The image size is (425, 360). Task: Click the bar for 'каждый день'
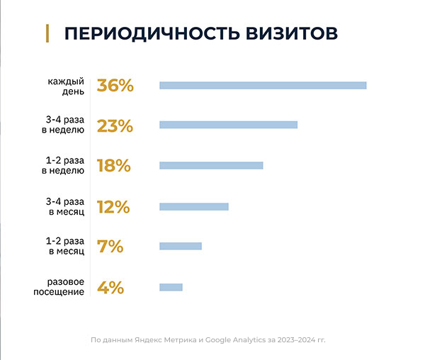click(263, 86)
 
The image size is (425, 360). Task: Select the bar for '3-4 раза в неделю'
click(228, 125)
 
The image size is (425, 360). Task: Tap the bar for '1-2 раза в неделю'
click(211, 166)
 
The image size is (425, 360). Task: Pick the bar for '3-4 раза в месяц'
click(194, 207)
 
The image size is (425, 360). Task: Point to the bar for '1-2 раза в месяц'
click(181, 247)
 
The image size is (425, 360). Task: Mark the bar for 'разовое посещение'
click(171, 287)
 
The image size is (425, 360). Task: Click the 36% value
click(115, 86)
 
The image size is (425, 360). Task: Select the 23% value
click(115, 126)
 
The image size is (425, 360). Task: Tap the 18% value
click(114, 166)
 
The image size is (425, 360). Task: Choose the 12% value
click(113, 207)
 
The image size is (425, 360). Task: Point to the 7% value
click(110, 247)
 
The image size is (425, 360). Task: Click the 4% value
click(110, 288)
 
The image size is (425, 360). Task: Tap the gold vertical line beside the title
click(47, 33)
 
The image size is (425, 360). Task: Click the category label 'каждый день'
click(67, 86)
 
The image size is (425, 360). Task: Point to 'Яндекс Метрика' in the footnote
click(168, 340)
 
